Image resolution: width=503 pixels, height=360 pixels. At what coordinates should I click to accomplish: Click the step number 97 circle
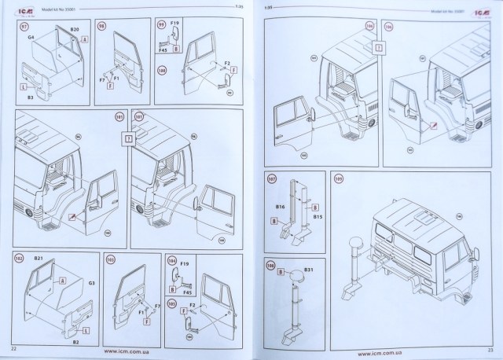point(20,26)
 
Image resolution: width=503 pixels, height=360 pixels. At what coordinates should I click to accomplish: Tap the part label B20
point(75,29)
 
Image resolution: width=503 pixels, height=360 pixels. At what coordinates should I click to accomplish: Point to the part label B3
point(28,97)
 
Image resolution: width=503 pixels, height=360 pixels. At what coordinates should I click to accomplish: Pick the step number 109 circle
point(339,178)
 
